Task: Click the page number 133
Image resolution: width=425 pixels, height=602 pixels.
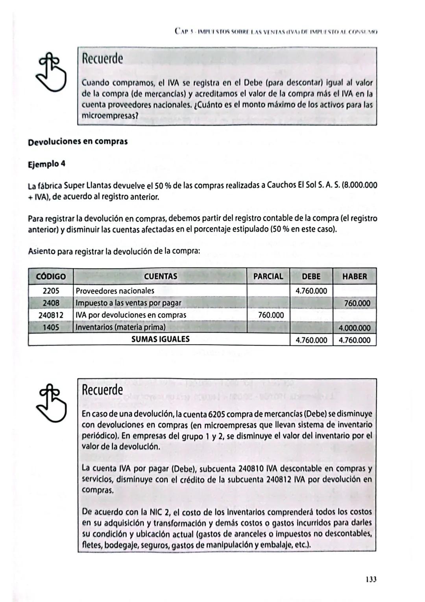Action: pos(371,579)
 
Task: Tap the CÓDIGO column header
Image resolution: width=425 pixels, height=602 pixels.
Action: pos(51,277)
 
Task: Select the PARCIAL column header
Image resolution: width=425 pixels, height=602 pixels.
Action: pos(268,277)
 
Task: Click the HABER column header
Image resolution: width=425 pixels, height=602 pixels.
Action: pos(354,277)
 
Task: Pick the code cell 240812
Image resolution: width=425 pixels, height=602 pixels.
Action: pos(51,315)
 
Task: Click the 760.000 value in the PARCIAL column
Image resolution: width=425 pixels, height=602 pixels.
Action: pos(271,315)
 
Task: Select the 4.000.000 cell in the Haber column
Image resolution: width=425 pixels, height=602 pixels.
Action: pos(354,328)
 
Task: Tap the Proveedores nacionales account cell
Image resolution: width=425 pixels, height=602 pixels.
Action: pos(115,291)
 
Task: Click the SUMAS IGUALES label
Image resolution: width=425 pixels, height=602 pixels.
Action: pos(160,339)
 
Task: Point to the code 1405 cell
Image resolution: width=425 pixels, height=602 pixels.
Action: pos(51,327)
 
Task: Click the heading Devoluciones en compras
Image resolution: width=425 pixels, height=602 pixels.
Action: pos(78,141)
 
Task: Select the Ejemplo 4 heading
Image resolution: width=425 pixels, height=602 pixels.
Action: pos(46,164)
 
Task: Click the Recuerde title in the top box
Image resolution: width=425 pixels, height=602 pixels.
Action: pos(102,59)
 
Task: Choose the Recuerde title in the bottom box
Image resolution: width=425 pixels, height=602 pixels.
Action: pos(102,390)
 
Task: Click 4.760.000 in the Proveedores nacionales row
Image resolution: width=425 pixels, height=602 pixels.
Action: pos(311,291)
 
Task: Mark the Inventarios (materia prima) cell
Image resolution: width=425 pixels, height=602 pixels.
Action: pos(120,327)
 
